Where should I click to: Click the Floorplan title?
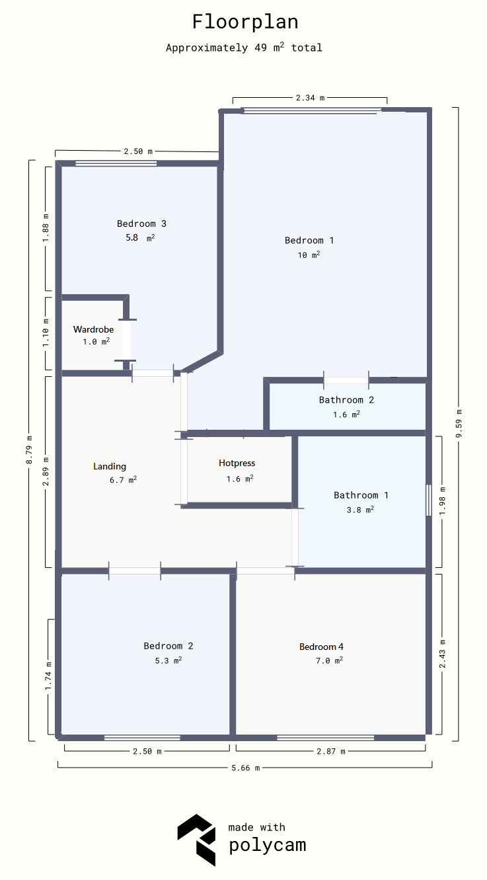tap(245, 22)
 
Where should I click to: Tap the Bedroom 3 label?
tap(142, 223)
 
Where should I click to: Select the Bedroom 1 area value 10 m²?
tap(309, 255)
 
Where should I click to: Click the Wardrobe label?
tap(93, 329)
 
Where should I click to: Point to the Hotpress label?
tap(237, 463)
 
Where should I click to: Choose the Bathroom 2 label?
tap(346, 400)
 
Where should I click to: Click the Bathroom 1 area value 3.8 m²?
tap(360, 510)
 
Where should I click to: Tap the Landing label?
tap(110, 466)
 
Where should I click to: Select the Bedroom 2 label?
tap(169, 646)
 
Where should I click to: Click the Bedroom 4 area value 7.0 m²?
tap(329, 660)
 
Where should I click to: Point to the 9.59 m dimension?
tap(459, 424)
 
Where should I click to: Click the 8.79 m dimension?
tap(30, 450)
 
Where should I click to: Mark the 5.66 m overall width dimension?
tap(245, 768)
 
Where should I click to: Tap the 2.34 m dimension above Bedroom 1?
tap(311, 97)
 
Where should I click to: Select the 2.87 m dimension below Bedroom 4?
tap(331, 751)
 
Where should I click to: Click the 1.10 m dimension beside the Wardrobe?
tap(46, 333)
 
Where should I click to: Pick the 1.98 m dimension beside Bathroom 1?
tap(443, 501)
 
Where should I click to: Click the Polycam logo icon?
tap(196, 840)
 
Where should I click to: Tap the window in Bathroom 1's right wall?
tap(429, 500)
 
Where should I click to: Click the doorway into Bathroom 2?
tap(346, 380)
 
